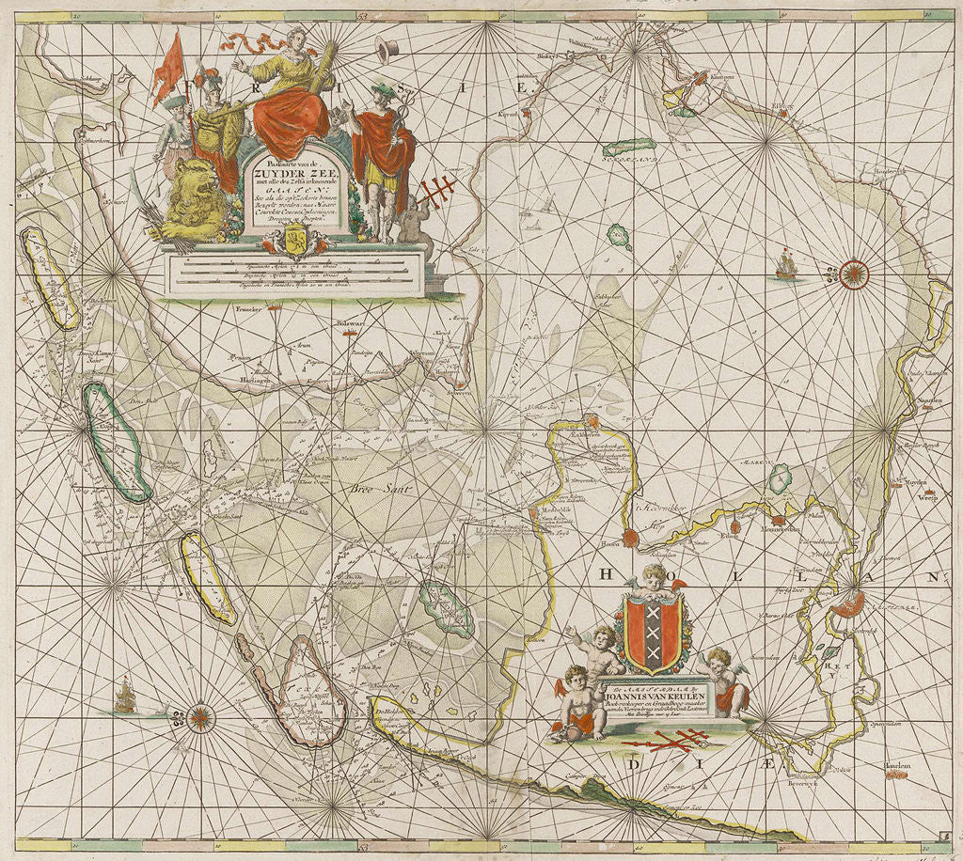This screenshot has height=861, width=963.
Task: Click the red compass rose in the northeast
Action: pos(854,274)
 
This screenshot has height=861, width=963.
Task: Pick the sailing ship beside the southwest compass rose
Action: pos(126,698)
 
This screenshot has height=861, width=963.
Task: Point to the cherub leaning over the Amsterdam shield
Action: pos(653,578)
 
